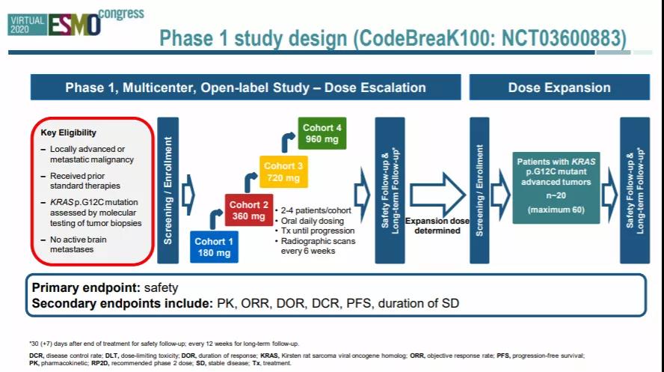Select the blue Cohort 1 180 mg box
click(215, 246)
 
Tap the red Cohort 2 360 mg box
click(249, 210)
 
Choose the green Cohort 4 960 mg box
click(322, 133)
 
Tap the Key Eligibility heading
click(68, 133)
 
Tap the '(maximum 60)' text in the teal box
click(556, 210)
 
